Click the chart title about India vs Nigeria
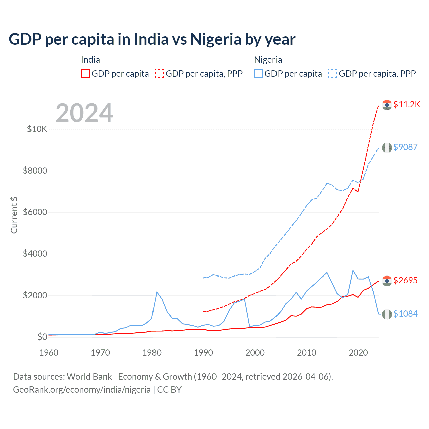(x=152, y=39)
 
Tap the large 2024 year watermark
(x=84, y=113)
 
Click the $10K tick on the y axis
(x=37, y=129)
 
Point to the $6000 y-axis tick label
(x=35, y=212)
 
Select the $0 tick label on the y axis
(x=42, y=337)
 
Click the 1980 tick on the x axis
(x=152, y=353)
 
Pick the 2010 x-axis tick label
(x=307, y=353)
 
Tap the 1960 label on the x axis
(x=49, y=353)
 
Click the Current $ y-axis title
(x=14, y=215)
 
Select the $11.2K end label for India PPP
(x=407, y=104)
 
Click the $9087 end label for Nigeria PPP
(x=405, y=147)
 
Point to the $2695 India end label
(x=405, y=280)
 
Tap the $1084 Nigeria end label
(x=405, y=314)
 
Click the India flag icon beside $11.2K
(x=387, y=105)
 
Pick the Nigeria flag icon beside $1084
(x=387, y=314)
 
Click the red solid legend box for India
(x=85, y=74)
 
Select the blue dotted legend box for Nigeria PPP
(x=333, y=74)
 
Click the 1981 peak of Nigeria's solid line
(x=157, y=292)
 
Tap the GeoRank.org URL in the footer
(x=82, y=390)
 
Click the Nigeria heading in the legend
(x=268, y=60)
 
